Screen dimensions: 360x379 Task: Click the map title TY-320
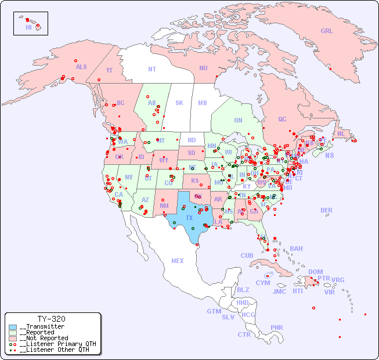(x=51, y=319)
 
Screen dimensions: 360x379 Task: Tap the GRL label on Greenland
(x=327, y=31)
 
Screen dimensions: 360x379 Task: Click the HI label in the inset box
(x=28, y=27)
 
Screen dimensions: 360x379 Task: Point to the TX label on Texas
(x=189, y=218)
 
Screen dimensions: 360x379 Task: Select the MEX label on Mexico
(x=178, y=261)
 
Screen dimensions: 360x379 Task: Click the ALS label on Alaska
(x=81, y=67)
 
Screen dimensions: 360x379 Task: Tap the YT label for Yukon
(x=109, y=70)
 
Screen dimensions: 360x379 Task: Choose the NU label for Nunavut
(x=203, y=68)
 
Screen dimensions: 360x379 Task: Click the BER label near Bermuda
(x=327, y=210)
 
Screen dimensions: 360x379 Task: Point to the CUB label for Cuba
(x=247, y=255)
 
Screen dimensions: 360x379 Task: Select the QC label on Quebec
(x=282, y=119)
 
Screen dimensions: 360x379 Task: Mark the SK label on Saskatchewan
(x=179, y=103)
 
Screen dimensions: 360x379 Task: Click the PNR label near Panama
(x=277, y=327)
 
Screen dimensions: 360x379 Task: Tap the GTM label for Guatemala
(x=214, y=311)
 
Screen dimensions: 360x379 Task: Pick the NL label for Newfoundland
(x=341, y=134)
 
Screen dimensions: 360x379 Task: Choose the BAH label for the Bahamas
(x=296, y=249)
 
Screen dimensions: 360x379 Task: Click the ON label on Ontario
(x=238, y=120)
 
